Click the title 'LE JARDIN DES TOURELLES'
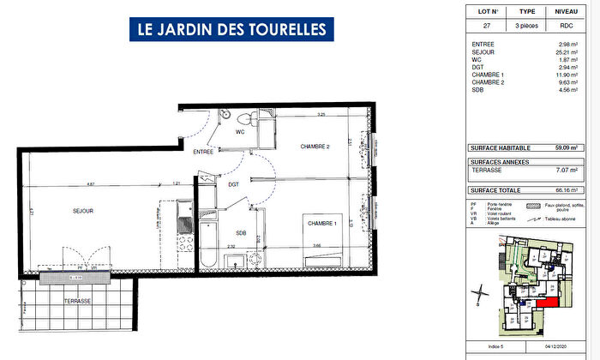[x=231, y=29]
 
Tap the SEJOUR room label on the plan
[x=82, y=211]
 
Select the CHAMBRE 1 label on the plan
[x=324, y=224]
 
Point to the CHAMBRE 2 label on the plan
[x=315, y=147]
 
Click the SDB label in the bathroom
[x=241, y=232]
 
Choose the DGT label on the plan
[x=233, y=183]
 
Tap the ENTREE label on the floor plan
[x=203, y=152]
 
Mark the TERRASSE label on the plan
[x=77, y=302]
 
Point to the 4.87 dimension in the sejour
[x=90, y=183]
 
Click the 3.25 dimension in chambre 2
[x=321, y=114]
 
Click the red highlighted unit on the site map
[x=546, y=303]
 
